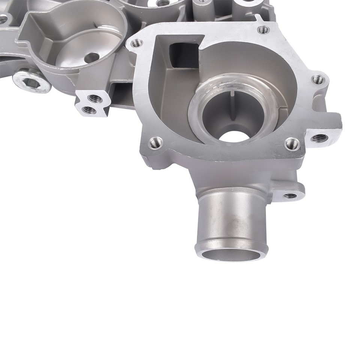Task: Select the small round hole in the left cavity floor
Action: (91, 58)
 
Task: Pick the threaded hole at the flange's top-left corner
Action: (136, 43)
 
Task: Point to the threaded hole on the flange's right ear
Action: (318, 79)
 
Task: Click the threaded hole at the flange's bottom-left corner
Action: (155, 142)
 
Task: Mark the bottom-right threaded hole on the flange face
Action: (292, 143)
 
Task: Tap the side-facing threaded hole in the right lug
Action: (319, 138)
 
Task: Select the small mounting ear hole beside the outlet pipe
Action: (290, 195)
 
